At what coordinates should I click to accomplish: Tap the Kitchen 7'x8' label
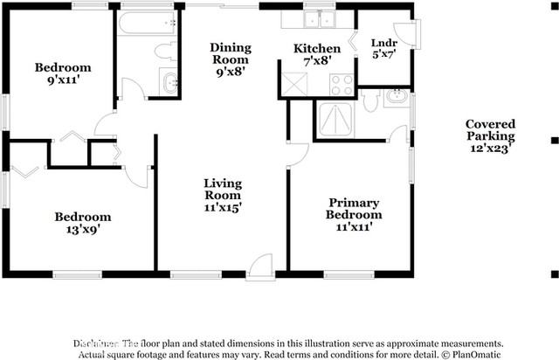[x=316, y=54]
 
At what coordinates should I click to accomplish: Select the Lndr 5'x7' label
[x=383, y=48]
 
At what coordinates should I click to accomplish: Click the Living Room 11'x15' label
[x=223, y=196]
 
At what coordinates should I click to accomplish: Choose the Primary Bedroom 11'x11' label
[x=354, y=214]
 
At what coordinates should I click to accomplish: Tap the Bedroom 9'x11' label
[x=62, y=73]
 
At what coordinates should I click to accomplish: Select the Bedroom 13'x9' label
[x=82, y=223]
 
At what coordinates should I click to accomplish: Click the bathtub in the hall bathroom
[x=147, y=22]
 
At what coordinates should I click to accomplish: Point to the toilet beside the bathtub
[x=165, y=51]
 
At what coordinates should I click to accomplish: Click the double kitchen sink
[x=320, y=19]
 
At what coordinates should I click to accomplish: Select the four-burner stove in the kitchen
[x=341, y=85]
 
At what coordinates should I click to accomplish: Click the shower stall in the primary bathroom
[x=335, y=120]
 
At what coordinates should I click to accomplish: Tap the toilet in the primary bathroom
[x=370, y=101]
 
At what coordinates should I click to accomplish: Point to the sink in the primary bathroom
[x=396, y=97]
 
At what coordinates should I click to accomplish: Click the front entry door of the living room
[x=260, y=267]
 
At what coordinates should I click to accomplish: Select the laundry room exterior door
[x=408, y=33]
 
